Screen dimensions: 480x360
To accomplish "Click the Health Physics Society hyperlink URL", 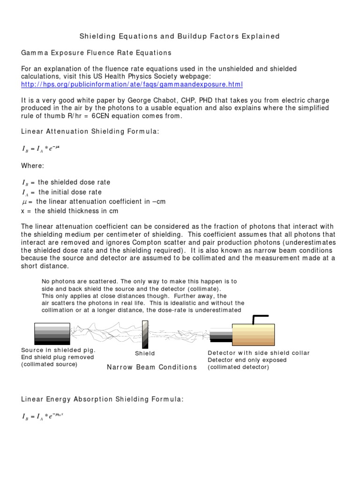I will click(x=132, y=84).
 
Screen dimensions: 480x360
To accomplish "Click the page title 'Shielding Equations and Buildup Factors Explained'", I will click(x=179, y=36).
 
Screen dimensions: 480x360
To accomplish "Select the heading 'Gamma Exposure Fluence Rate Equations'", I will click(x=97, y=52).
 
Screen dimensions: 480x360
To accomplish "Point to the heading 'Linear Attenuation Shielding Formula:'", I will click(x=90, y=132).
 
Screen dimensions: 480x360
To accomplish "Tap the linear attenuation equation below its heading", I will click(x=41, y=149).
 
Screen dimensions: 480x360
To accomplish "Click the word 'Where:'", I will click(x=33, y=165).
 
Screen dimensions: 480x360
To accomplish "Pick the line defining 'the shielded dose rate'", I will click(x=66, y=182).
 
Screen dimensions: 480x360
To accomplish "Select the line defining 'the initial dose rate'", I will click(x=62, y=192).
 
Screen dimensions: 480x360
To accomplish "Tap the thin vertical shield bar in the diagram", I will click(x=145, y=334).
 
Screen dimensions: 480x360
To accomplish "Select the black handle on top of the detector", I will click(x=259, y=318).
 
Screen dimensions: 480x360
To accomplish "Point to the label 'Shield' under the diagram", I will click(x=145, y=353).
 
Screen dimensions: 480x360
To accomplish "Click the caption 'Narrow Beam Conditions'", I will click(x=152, y=367).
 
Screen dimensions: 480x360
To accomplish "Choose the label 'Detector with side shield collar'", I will click(x=259, y=353).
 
